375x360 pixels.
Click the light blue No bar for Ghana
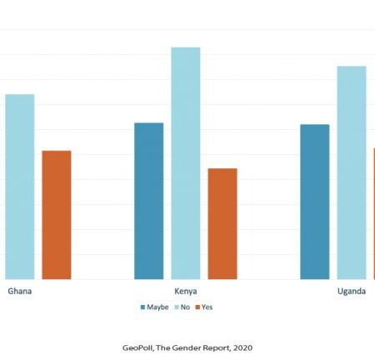pyautogui.click(x=20, y=187)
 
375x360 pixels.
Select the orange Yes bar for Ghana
pyautogui.click(x=57, y=215)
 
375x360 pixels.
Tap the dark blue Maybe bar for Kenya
pyautogui.click(x=149, y=201)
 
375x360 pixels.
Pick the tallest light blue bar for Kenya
pyautogui.click(x=186, y=163)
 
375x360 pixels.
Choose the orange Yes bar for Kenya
pyautogui.click(x=222, y=224)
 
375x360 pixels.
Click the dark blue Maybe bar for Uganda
pyautogui.click(x=315, y=202)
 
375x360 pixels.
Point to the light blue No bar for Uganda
pyautogui.click(x=352, y=172)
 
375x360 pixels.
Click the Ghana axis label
pyautogui.click(x=20, y=291)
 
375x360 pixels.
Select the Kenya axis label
pyautogui.click(x=186, y=292)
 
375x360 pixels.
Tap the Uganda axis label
pyautogui.click(x=352, y=292)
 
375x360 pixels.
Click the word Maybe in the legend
pyautogui.click(x=157, y=307)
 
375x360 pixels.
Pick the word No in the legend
pyautogui.click(x=185, y=307)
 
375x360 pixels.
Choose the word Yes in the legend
pyautogui.click(x=207, y=307)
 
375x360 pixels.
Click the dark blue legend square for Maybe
pyautogui.click(x=143, y=307)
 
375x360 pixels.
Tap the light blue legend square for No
pyautogui.click(x=177, y=307)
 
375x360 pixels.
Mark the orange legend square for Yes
pyautogui.click(x=197, y=307)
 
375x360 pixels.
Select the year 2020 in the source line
pyautogui.click(x=242, y=347)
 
